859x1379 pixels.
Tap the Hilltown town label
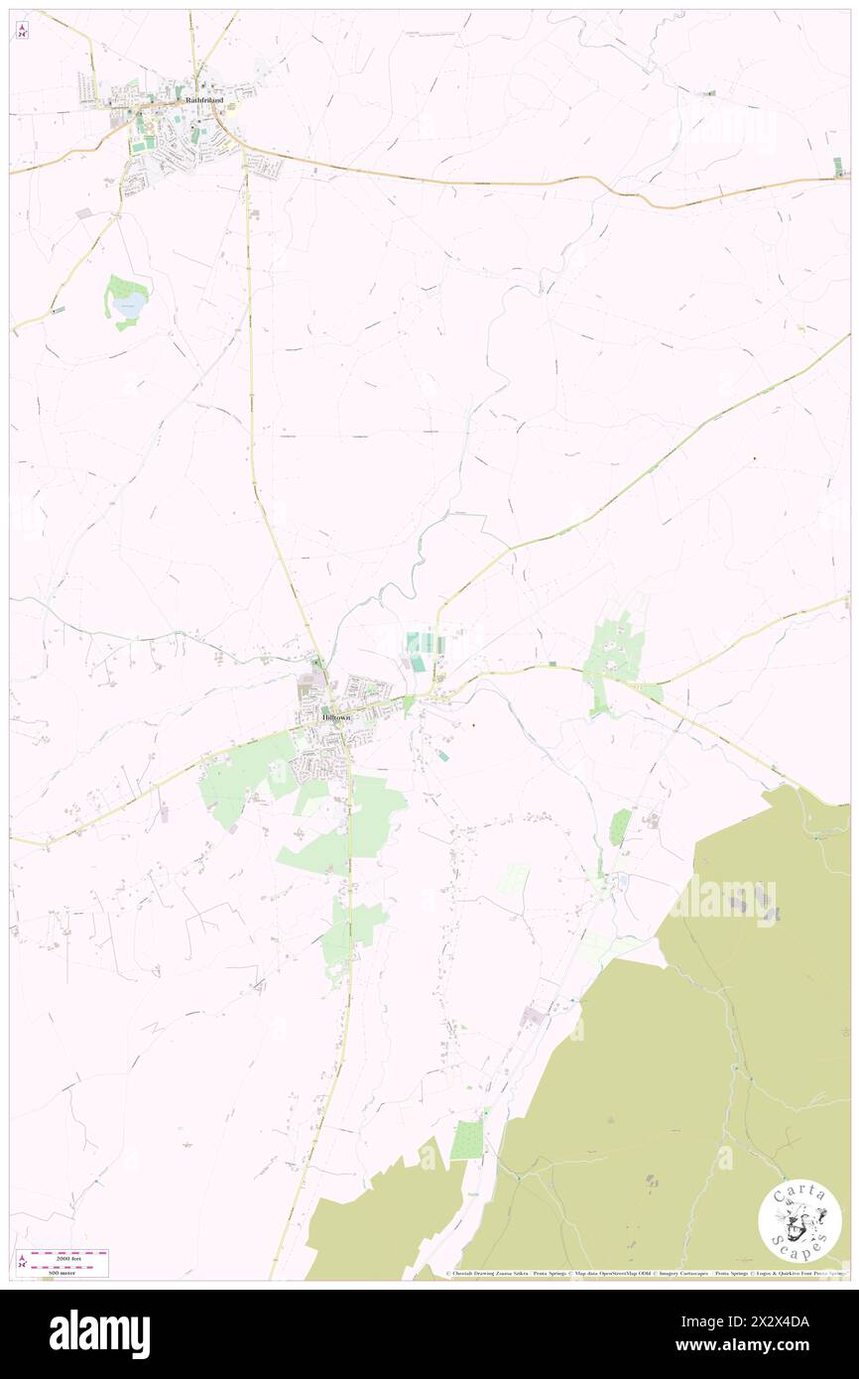[x=334, y=716]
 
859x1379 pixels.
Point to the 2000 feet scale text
[x=69, y=1256]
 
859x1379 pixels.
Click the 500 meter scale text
[x=69, y=1272]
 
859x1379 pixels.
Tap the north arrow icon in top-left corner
[x=22, y=30]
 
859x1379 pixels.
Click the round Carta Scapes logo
[x=799, y=1221]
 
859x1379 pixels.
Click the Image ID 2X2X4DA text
[x=766, y=1320]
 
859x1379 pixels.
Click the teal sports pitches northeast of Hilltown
[x=424, y=643]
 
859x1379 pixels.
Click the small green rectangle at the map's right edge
[x=839, y=166]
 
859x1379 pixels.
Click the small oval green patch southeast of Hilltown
[x=619, y=826]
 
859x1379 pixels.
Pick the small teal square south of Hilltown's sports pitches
[x=443, y=756]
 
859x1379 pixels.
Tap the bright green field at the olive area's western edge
[x=467, y=1139]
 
